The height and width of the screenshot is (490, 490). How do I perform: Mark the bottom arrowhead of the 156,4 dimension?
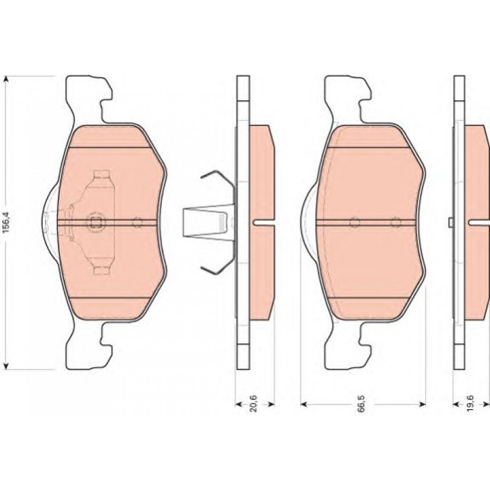pos(5,365)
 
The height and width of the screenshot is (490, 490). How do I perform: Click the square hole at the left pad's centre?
pos(96,223)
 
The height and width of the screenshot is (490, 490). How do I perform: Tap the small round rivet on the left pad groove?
pos(137,223)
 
